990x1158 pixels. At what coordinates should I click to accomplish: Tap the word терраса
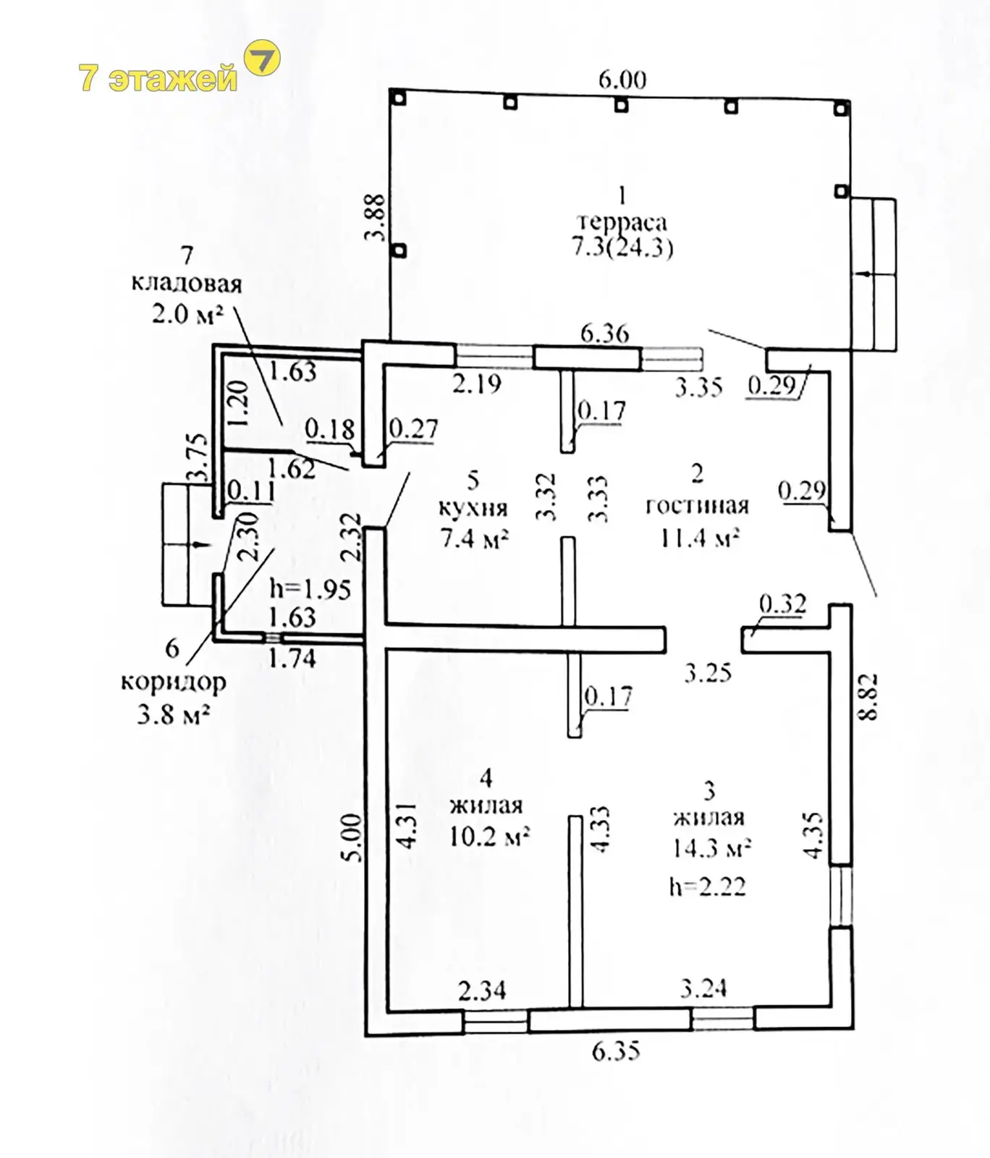click(622, 222)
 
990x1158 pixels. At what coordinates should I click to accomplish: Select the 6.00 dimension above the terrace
click(622, 79)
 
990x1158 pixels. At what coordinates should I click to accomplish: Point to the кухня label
click(473, 507)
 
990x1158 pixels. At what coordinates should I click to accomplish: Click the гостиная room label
click(697, 505)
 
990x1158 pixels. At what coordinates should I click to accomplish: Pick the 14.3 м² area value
click(711, 848)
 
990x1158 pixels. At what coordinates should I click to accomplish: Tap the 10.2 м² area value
click(489, 836)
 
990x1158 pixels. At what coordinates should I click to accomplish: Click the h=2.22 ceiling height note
click(707, 886)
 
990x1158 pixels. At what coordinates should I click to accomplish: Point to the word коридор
click(173, 682)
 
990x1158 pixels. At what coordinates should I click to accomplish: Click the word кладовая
click(187, 283)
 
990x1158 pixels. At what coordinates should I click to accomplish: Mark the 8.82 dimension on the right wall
click(869, 696)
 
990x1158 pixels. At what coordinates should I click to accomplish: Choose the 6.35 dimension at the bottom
click(616, 1050)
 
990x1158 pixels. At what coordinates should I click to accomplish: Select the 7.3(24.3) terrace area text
click(622, 248)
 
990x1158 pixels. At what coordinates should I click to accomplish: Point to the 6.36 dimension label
click(605, 333)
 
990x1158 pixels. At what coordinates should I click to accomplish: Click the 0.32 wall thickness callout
click(783, 603)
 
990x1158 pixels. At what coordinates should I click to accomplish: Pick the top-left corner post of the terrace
click(397, 97)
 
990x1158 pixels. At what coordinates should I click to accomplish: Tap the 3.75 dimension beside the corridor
click(198, 457)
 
